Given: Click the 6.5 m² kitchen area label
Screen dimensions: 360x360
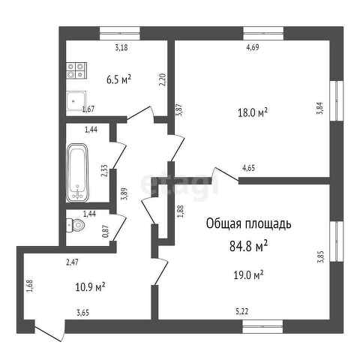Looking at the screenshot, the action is [x=119, y=79].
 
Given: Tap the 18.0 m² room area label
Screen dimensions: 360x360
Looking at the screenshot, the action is [x=252, y=112].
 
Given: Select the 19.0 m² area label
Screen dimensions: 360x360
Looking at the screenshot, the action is [x=248, y=275].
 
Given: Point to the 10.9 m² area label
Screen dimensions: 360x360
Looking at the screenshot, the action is [x=90, y=287].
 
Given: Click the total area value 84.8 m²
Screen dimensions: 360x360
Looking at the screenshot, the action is [x=248, y=247].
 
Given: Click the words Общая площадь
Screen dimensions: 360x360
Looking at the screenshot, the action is [x=248, y=223].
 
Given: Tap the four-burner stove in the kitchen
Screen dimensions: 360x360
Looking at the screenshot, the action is [x=76, y=70].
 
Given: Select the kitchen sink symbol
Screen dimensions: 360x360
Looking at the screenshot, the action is [x=76, y=100].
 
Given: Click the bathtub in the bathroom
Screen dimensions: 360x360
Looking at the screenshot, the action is [x=77, y=172].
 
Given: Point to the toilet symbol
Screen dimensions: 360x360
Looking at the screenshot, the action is [x=76, y=225].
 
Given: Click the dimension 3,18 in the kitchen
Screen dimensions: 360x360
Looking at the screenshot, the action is [x=121, y=47].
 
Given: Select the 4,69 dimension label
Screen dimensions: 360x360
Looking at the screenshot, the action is [x=253, y=47].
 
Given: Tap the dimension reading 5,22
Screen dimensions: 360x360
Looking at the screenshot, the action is [x=242, y=311].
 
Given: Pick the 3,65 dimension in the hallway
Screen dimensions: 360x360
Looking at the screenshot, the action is [x=82, y=313].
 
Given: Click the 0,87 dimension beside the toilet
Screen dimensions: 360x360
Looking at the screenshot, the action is [x=106, y=231].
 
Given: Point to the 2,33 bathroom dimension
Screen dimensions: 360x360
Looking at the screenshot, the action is [x=104, y=171].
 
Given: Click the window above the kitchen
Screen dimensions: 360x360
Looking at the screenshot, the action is [x=120, y=33].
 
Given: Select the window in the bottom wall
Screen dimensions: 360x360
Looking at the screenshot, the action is [x=262, y=326].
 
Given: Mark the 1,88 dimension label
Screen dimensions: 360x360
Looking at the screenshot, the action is [x=181, y=211].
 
